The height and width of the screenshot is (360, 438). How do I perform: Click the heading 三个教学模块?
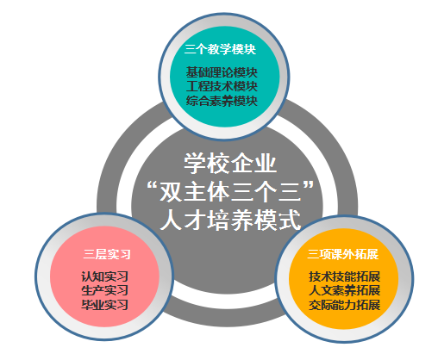click(220, 49)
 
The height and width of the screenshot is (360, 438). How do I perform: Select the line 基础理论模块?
click(222, 72)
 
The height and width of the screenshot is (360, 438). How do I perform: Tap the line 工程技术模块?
click(222, 86)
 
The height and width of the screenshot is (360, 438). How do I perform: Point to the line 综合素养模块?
click(222, 101)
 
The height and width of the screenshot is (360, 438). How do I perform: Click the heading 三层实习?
click(107, 254)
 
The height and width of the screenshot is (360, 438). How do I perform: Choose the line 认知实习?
click(104, 276)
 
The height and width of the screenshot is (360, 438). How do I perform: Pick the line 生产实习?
click(104, 290)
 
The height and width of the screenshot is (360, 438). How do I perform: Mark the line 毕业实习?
click(104, 305)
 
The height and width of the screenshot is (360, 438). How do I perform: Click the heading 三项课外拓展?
click(343, 254)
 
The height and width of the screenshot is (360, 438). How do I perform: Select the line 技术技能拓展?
click(345, 276)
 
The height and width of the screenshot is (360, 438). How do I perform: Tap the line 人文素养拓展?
click(345, 290)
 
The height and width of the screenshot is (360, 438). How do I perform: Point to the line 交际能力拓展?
click(345, 305)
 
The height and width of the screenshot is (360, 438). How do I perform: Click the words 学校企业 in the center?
click(230, 164)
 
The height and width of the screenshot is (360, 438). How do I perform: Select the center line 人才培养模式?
click(230, 220)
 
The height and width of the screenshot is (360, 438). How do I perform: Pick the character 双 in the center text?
click(172, 192)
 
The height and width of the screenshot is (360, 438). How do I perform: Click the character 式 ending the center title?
click(289, 220)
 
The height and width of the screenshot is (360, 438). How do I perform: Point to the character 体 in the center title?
click(219, 192)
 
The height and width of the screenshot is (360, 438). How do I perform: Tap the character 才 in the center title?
click(195, 220)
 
